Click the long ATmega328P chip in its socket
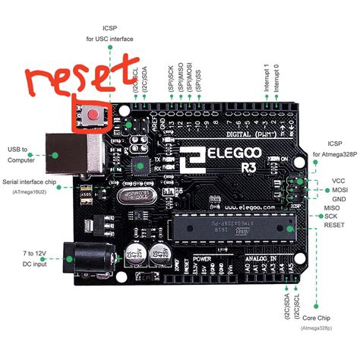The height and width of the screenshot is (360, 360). pos(232,226)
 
